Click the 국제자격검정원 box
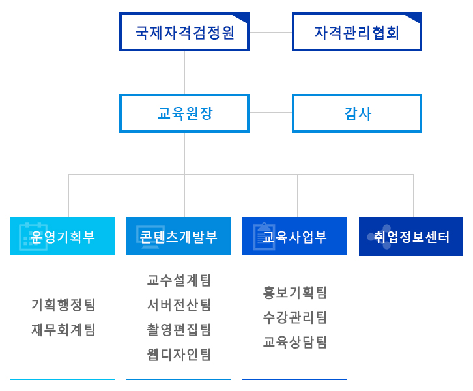click(184, 32)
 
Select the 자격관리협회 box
click(357, 32)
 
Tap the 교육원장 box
click(184, 113)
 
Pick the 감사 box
click(357, 113)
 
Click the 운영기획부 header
click(63, 236)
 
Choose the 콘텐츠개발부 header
click(179, 236)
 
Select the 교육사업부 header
click(294, 236)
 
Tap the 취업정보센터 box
click(411, 237)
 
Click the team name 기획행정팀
click(63, 305)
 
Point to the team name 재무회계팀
click(63, 330)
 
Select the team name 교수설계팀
click(179, 280)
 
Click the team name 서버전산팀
click(179, 305)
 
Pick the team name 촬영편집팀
click(179, 330)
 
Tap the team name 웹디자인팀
click(179, 355)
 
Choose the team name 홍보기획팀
click(294, 293)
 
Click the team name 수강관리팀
click(294, 317)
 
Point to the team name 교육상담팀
click(294, 342)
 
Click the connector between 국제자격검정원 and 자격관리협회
click(270, 32)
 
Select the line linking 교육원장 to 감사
click(270, 113)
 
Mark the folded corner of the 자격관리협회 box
click(415, 18)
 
